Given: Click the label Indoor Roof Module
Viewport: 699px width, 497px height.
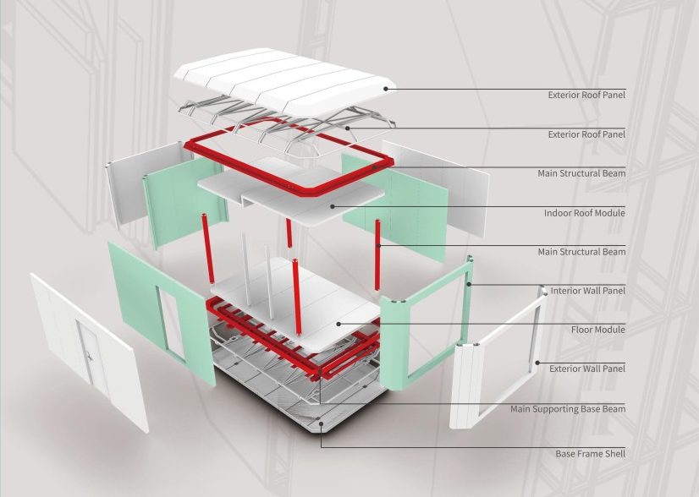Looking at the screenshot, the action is point(585,213).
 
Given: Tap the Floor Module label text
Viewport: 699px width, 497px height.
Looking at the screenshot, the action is point(598,330).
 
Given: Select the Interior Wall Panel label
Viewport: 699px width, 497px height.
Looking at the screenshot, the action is point(587,291).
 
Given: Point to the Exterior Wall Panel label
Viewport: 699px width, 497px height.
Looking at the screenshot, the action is point(587,369).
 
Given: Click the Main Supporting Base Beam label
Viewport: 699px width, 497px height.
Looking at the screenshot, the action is point(568,409).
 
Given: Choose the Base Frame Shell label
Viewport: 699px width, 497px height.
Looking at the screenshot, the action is point(590,454).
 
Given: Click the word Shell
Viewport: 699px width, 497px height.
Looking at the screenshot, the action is point(614,454).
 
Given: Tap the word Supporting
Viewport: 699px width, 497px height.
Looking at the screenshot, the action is point(555,409).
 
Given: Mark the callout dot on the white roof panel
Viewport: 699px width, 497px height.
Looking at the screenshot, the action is point(386,89).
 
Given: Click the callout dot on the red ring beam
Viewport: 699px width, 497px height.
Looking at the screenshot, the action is point(374,167).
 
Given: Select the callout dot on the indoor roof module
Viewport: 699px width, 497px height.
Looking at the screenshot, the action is point(332,206).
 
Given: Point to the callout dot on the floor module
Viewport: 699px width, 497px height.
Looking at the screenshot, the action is point(338,324).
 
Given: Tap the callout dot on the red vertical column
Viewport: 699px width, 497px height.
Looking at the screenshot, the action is point(378,245).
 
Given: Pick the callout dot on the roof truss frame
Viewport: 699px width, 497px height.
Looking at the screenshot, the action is point(348,128).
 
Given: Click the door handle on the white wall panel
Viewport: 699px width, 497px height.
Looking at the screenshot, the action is point(90,356).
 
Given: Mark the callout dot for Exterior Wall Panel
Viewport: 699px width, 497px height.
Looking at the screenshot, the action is point(537,363).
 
